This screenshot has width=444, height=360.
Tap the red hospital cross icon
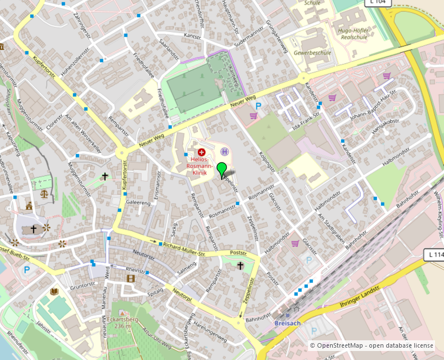point(201,152)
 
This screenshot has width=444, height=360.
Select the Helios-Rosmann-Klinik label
point(201,166)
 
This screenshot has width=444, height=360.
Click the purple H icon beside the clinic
point(225,151)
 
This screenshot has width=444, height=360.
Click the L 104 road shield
point(378,3)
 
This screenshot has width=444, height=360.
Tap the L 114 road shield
point(434,255)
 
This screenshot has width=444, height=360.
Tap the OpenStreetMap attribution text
point(371,345)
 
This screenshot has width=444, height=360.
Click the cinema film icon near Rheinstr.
point(131,278)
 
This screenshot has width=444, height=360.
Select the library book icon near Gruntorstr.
point(55,291)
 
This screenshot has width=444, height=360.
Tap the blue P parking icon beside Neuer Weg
point(259,105)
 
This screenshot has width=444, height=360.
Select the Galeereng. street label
point(138,202)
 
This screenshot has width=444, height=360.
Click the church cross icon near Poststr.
point(241,265)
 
